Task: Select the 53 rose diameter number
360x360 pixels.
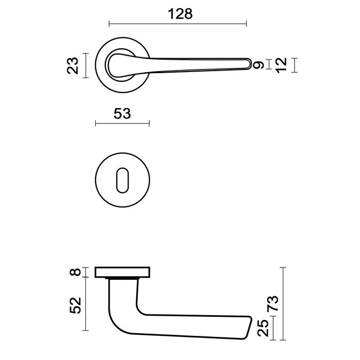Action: (x=122, y=113)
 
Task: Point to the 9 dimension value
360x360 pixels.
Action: (x=259, y=65)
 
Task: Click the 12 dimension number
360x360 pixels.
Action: (x=281, y=65)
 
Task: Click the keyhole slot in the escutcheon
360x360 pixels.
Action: (x=122, y=177)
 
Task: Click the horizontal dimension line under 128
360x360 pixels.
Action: (x=178, y=23)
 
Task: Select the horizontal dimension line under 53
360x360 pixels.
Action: (x=122, y=123)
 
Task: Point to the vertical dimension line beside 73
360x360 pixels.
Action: (x=283, y=303)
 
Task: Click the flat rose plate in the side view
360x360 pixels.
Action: (x=123, y=273)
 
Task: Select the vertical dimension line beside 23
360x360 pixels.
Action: (x=86, y=65)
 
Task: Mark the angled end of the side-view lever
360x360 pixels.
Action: (x=248, y=327)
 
